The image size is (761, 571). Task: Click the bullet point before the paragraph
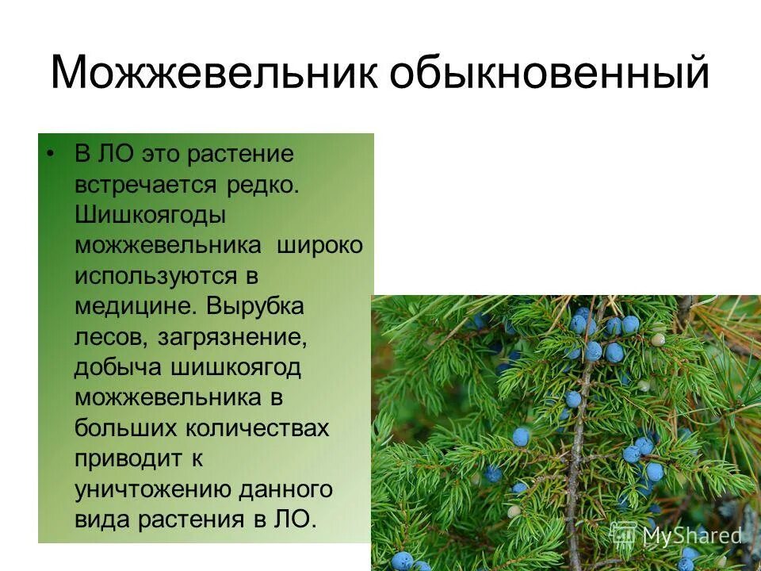click(x=52, y=154)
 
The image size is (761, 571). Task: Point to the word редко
click(x=267, y=184)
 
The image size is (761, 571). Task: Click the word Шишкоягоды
click(x=151, y=215)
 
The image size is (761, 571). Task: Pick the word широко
click(x=320, y=245)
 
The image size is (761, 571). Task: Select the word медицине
click(x=134, y=306)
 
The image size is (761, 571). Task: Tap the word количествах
click(x=257, y=428)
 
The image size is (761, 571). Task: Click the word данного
click(x=286, y=489)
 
